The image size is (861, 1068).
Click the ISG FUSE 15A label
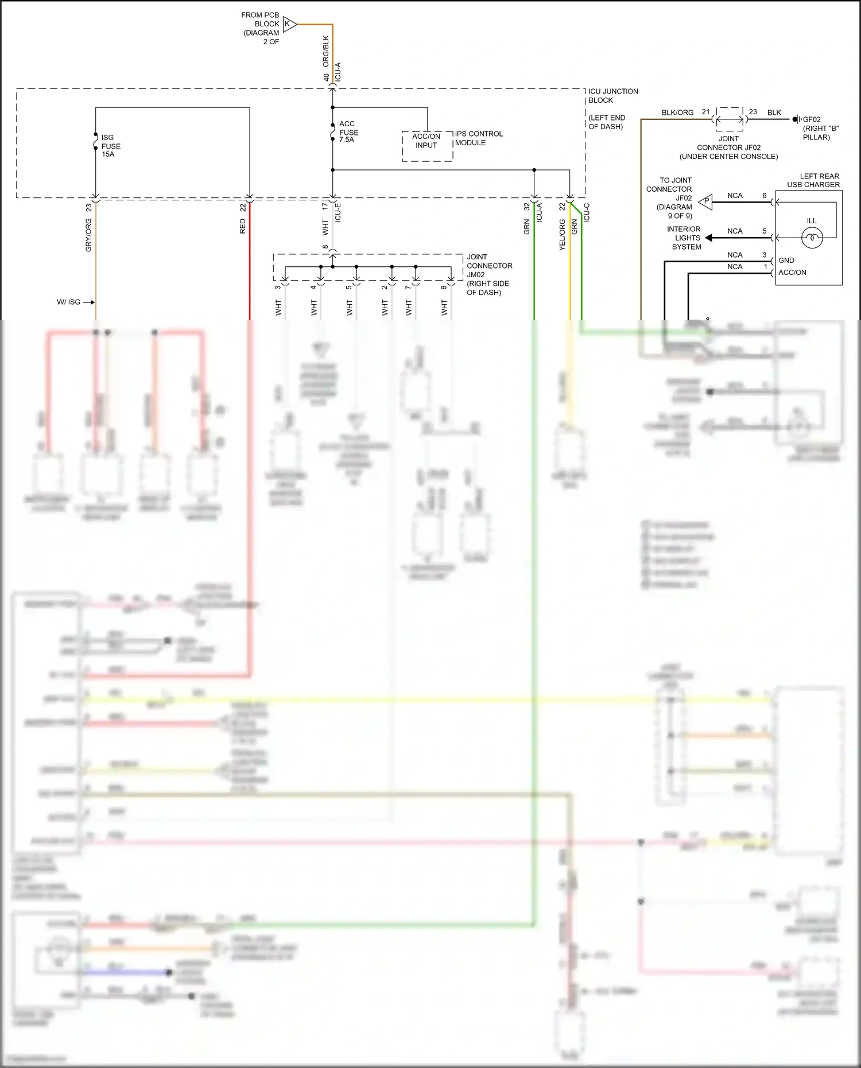click(111, 146)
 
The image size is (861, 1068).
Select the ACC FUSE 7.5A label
click(348, 132)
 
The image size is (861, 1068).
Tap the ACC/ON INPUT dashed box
click(427, 146)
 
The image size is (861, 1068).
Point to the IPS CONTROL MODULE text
click(478, 138)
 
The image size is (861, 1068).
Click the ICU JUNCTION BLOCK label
click(612, 96)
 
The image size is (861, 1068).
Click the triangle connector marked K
click(289, 24)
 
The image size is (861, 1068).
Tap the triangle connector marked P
click(706, 201)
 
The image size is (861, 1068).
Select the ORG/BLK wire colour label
click(326, 51)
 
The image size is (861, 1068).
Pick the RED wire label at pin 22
click(243, 226)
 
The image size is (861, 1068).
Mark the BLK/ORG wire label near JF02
click(677, 112)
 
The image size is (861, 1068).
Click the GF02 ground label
click(812, 119)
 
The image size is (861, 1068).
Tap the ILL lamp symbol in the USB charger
click(812, 237)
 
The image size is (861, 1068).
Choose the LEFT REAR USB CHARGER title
click(813, 180)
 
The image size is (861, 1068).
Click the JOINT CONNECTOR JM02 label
click(488, 274)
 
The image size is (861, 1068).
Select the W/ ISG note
click(68, 302)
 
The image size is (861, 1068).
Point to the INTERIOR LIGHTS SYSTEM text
click(684, 238)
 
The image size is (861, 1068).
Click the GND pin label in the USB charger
click(786, 261)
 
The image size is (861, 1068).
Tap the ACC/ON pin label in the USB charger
click(792, 273)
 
